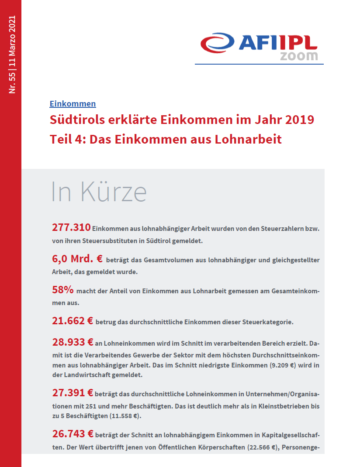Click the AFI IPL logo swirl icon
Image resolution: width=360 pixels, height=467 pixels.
(218, 43)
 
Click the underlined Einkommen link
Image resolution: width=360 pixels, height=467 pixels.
(73, 104)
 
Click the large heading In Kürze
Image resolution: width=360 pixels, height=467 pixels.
(99, 192)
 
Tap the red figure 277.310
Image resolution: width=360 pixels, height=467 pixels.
(71, 227)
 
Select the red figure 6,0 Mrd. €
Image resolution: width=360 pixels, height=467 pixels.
(77, 259)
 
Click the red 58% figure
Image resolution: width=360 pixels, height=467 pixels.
(63, 290)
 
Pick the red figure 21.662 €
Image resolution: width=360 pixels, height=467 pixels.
(73, 322)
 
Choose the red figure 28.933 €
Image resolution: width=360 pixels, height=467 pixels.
(73, 343)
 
